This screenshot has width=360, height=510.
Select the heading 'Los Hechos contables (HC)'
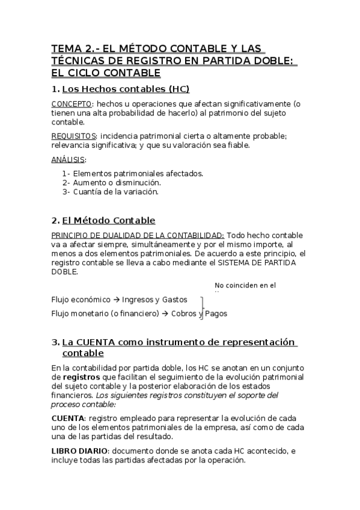[x=126, y=90]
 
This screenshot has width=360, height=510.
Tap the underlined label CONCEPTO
[x=72, y=103]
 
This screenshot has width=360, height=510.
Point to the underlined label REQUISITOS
[x=75, y=135]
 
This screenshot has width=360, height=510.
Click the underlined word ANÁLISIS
[x=68, y=159]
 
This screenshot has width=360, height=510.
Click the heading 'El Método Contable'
[x=108, y=220]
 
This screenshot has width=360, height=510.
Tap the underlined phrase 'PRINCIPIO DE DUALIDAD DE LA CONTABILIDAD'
[x=138, y=235]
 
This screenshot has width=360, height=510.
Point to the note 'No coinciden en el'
[x=245, y=285]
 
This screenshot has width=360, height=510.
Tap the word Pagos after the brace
[x=216, y=313]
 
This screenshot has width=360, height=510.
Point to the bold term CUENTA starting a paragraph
[x=68, y=417]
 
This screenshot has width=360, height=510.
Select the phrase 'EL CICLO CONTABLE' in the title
[x=106, y=73]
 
